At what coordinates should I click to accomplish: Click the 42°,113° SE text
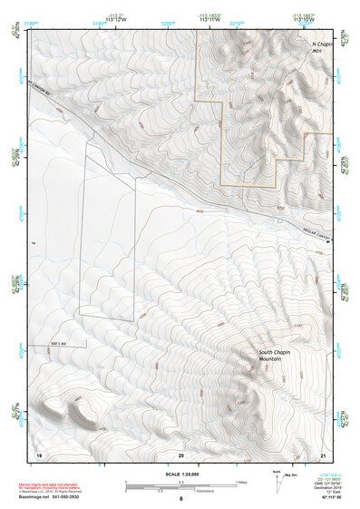pos(326,496)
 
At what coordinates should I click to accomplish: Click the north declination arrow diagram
pos(277,481)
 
